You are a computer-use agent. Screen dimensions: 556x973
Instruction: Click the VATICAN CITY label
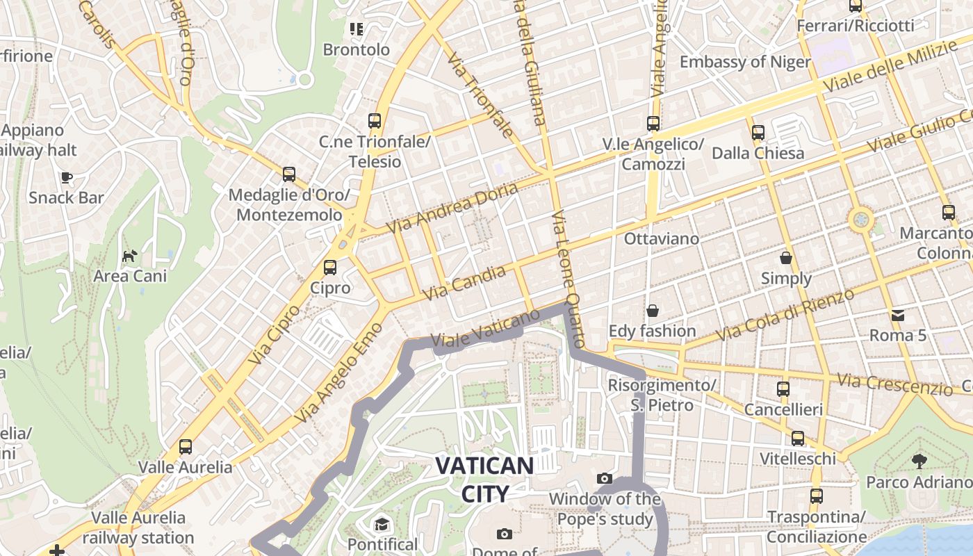click(484, 480)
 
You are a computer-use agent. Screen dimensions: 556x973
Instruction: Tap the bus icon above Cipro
click(330, 267)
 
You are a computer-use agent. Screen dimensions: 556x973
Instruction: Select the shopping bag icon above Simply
click(786, 258)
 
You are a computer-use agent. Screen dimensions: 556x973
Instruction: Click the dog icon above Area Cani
click(129, 256)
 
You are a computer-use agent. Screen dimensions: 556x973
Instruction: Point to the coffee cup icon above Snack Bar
click(67, 177)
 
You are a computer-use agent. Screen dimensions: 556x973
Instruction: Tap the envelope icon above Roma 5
click(898, 315)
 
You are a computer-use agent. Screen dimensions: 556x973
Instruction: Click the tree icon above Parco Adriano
click(919, 461)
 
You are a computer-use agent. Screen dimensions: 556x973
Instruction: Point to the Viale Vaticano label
click(485, 328)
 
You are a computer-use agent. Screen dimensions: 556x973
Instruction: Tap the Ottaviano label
click(661, 238)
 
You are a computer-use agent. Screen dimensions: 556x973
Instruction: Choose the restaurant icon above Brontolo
click(357, 29)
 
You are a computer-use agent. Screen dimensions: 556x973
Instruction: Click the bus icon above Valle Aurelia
click(185, 446)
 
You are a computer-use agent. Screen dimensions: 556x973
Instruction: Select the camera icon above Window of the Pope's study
click(605, 478)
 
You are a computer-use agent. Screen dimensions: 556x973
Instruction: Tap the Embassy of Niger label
click(745, 62)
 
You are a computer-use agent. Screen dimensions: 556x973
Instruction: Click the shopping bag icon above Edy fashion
click(652, 310)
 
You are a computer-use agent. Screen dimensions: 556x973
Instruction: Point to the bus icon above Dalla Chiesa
click(758, 132)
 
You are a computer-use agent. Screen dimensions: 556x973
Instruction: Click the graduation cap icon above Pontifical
click(382, 523)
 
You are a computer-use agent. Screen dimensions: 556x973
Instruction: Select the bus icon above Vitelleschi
click(797, 439)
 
